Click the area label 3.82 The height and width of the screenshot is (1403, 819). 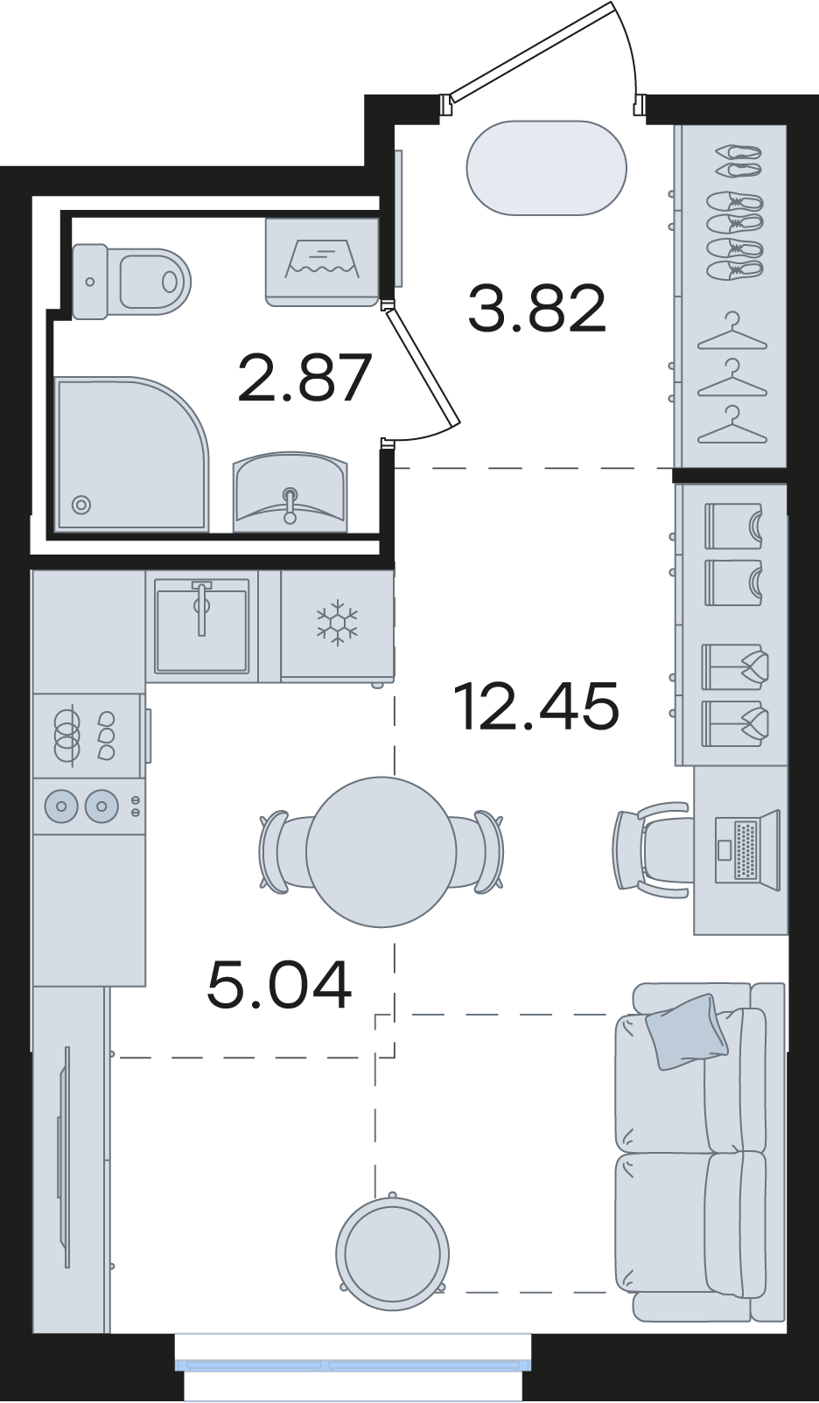tap(537, 307)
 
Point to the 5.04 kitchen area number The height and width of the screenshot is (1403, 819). tap(279, 985)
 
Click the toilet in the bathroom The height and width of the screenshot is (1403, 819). tap(130, 282)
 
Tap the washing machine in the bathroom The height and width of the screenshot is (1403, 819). tap(322, 262)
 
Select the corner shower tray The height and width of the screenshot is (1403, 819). tap(131, 453)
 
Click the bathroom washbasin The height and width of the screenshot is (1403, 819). tap(290, 492)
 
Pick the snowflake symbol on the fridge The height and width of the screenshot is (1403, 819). tap(337, 623)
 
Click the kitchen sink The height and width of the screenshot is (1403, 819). tap(202, 625)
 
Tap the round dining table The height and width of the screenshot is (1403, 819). tap(381, 852)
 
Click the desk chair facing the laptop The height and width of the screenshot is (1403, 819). tap(653, 850)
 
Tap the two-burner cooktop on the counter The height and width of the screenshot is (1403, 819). tap(87, 806)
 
